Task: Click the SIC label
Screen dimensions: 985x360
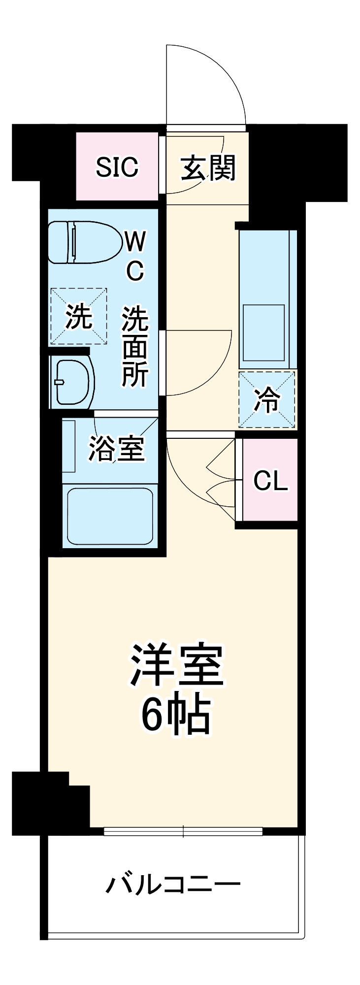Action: click(x=117, y=167)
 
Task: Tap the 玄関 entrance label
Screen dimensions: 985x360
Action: click(x=208, y=168)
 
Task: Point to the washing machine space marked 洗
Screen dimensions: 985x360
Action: click(x=78, y=317)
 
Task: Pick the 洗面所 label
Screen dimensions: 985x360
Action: click(x=135, y=347)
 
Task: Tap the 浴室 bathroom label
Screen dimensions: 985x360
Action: click(x=116, y=449)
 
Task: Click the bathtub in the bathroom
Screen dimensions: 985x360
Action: click(x=109, y=516)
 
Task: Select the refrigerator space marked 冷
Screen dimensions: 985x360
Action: click(x=267, y=399)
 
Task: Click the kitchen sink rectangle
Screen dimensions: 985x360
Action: click(x=263, y=333)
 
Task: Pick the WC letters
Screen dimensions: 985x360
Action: click(x=134, y=256)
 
